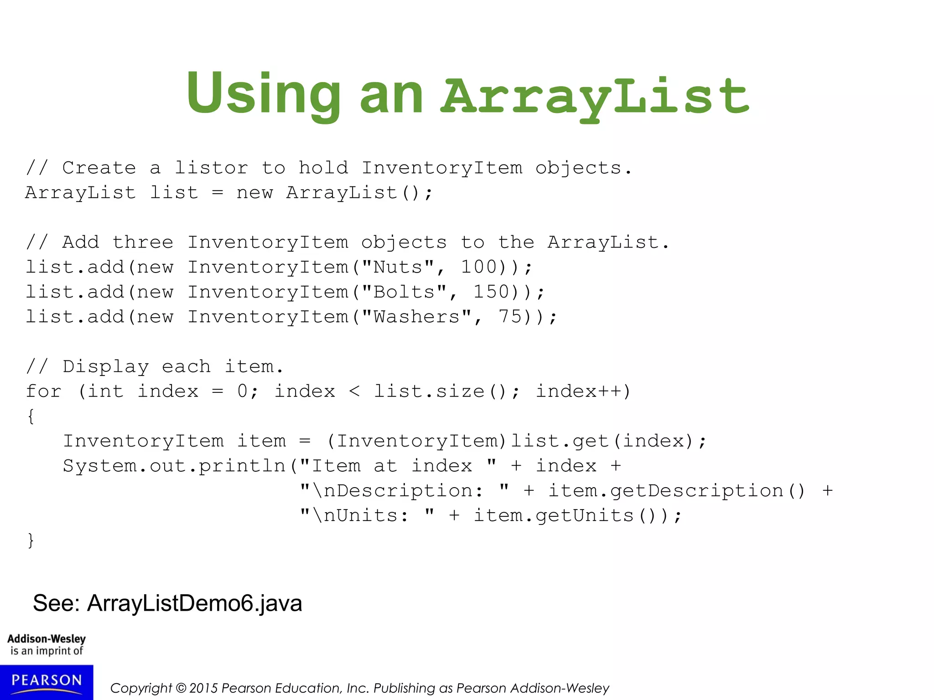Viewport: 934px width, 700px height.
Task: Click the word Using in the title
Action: coord(264,94)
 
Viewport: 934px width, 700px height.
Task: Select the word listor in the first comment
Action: coord(212,168)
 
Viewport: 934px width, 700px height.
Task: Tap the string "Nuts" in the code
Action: coord(398,268)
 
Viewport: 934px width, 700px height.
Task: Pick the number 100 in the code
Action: coord(479,268)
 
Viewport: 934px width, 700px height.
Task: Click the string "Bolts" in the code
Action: coord(404,292)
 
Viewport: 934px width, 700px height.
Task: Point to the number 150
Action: coord(491,292)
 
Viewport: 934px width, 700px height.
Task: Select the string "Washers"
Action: coord(416,317)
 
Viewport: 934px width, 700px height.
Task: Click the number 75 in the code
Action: coord(510,317)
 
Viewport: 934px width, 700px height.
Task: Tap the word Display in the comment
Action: coord(106,367)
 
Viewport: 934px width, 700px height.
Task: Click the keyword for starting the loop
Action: coord(43,391)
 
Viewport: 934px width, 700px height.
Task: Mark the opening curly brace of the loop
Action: coord(31,416)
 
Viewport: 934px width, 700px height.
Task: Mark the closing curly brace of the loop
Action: coord(31,540)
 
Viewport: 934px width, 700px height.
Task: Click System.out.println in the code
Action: coord(174,466)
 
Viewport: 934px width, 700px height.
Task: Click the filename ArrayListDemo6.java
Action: coord(195,603)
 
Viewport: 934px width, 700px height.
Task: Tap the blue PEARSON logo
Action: coord(47,682)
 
